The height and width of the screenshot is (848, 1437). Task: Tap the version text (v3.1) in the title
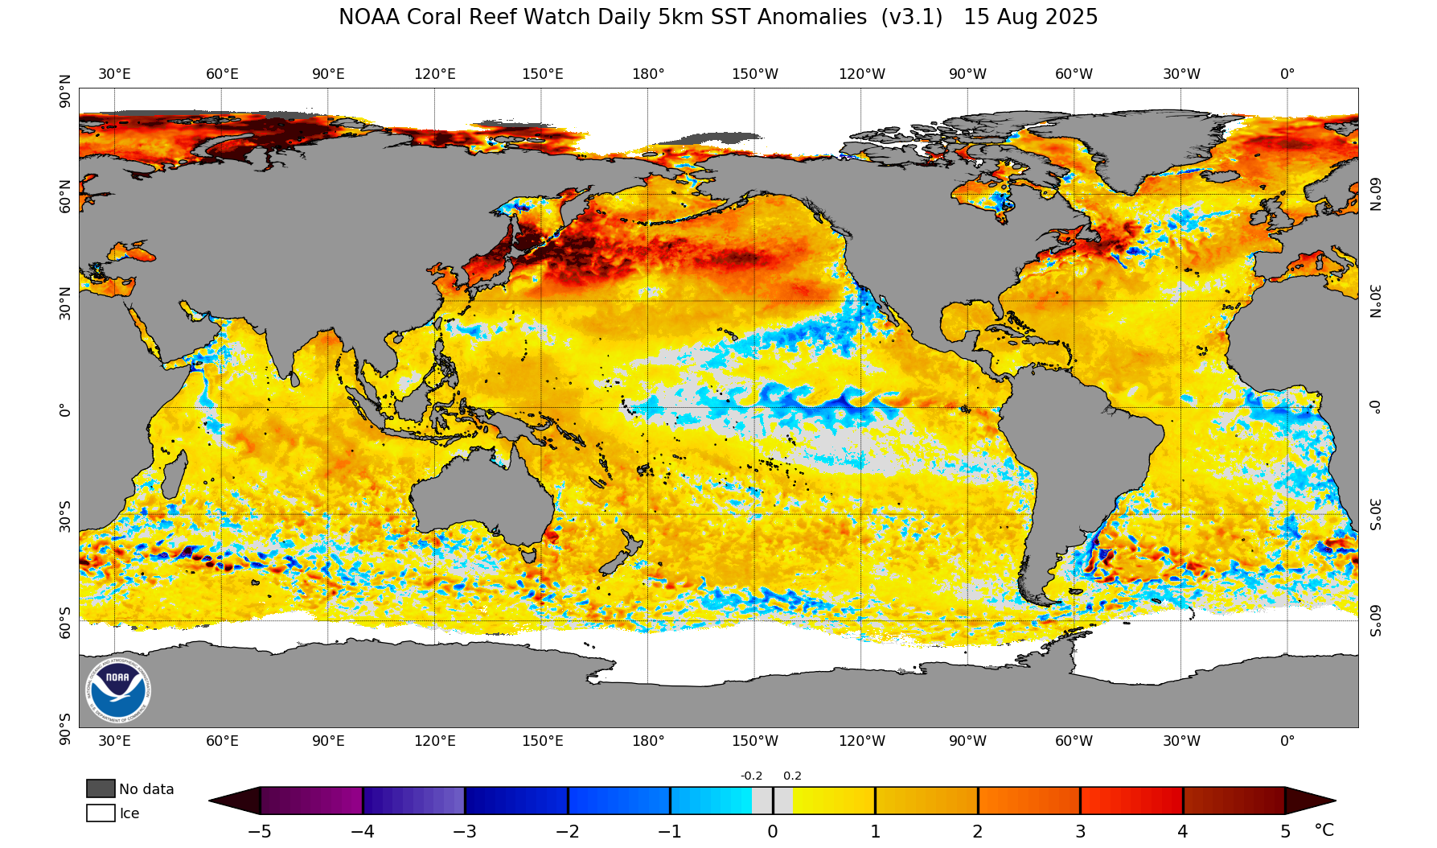coord(911,18)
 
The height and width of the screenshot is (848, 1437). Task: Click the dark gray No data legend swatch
coord(101,788)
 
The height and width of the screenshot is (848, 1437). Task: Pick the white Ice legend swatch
coord(101,813)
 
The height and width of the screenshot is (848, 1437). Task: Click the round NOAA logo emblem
coord(117,690)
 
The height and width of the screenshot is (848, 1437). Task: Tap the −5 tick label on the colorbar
coord(259,832)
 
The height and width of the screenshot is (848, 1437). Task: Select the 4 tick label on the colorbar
coord(1182,832)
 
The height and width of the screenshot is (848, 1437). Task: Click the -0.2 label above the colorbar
coord(751,776)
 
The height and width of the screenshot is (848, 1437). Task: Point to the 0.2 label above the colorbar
coord(792,776)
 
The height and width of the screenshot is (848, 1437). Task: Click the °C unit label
coord(1324,830)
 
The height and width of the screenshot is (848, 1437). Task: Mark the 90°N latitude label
coord(66,91)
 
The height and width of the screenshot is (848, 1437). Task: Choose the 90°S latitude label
coord(66,728)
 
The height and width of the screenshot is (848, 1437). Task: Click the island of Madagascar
coord(174,475)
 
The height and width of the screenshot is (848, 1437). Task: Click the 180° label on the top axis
coord(648,75)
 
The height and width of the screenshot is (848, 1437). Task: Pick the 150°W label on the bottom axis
coord(754,741)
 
